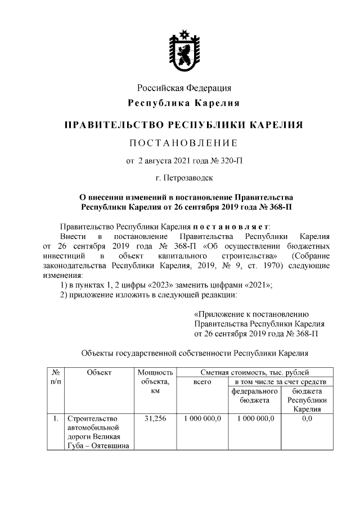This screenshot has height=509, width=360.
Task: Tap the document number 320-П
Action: [232, 161]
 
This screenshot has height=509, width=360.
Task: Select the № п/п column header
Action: [56, 377]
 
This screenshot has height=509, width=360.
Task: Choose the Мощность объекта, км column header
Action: [155, 381]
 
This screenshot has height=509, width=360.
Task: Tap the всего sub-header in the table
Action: [202, 382]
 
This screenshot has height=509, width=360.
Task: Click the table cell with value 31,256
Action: [155, 419]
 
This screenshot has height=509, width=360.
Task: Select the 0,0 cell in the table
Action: [307, 419]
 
